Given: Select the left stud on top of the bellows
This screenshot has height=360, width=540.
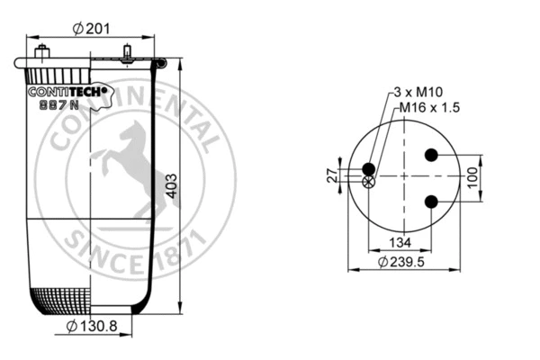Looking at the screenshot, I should click(x=40, y=52).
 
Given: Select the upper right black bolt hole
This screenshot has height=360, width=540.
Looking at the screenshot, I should click(x=431, y=155).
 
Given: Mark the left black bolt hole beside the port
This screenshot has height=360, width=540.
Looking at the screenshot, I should click(x=368, y=168).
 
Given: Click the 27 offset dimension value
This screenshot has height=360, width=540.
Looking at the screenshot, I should click(x=330, y=175).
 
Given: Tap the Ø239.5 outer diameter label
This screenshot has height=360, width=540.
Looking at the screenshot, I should click(x=401, y=262).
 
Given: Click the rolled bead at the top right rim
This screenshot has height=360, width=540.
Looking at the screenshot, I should click(x=159, y=64).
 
